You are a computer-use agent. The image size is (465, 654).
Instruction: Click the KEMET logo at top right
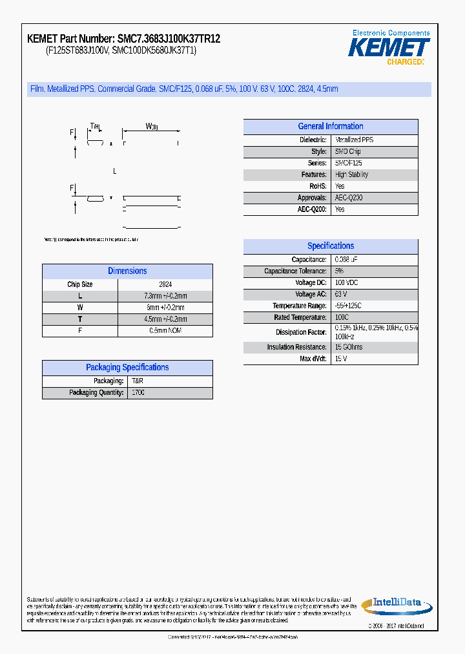[x=389, y=47]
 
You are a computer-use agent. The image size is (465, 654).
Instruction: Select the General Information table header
[x=330, y=127]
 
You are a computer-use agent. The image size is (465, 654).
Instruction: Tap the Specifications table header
[x=330, y=246]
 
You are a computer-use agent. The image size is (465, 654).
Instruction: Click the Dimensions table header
[x=127, y=271]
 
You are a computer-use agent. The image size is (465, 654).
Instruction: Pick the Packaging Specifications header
[x=127, y=368]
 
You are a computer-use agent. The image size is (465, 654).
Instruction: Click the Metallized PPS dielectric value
[x=354, y=140]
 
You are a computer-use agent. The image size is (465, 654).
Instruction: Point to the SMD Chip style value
[x=347, y=152]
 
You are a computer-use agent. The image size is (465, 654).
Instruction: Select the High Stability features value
[x=351, y=175]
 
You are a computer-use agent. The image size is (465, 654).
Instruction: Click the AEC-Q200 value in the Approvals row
[x=349, y=198]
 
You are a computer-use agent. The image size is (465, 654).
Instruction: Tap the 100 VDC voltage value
[x=346, y=283]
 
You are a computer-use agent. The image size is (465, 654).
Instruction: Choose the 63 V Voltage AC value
[x=341, y=295]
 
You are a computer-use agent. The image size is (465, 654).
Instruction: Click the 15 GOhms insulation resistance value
[x=349, y=348]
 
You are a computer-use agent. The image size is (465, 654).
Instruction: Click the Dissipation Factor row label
[x=301, y=332]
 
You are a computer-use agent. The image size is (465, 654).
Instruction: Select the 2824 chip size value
[x=165, y=284]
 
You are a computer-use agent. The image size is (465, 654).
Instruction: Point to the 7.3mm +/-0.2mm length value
[x=165, y=296]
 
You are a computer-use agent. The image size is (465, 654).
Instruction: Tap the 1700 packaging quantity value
[x=138, y=393]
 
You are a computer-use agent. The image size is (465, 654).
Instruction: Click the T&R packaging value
[x=138, y=381]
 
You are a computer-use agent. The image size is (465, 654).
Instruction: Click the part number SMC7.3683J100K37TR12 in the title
[x=169, y=39]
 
